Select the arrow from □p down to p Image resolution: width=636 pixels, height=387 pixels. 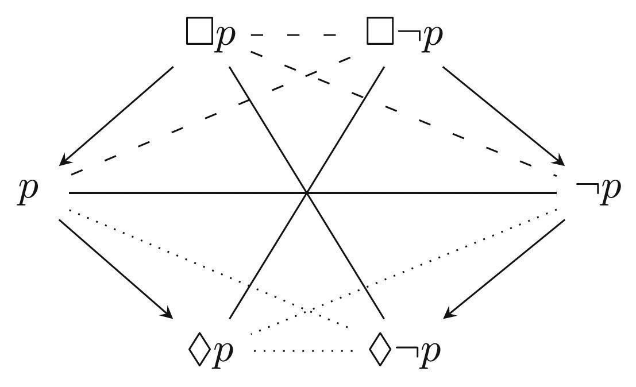pyautogui.click(x=118, y=115)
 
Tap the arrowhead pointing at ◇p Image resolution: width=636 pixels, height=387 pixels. pyautogui.click(x=167, y=313)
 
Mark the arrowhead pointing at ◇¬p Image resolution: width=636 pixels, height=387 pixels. pyautogui.click(x=450, y=313)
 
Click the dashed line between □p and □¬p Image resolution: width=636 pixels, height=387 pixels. pyautogui.click(x=293, y=36)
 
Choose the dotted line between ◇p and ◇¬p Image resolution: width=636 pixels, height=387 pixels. pyautogui.click(x=303, y=351)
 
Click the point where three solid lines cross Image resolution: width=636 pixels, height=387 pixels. pyautogui.click(x=308, y=193)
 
